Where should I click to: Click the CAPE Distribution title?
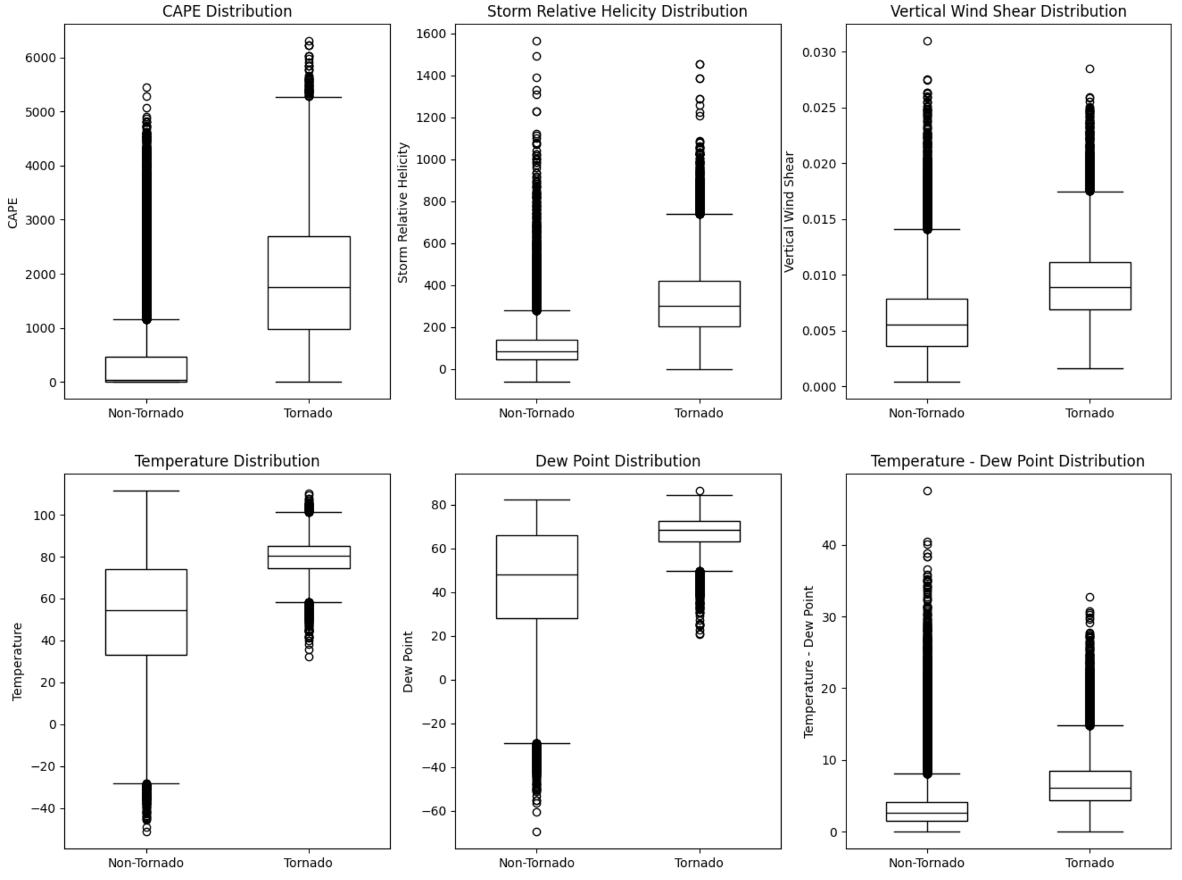pos(227,11)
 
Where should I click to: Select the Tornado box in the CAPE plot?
pos(309,283)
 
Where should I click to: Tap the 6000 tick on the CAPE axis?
pos(41,58)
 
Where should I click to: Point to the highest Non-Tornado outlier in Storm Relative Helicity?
pos(537,41)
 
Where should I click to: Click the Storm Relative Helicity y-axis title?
pos(403,212)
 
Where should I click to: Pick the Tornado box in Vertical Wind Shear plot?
pos(1090,286)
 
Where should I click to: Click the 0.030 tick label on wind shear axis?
pos(819,52)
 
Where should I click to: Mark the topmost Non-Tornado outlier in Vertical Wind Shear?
pos(927,41)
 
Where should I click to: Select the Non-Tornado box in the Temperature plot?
pos(146,612)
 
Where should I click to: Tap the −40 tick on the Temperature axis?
pos(43,809)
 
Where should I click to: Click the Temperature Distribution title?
pos(227,461)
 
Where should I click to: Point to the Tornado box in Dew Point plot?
pos(699,531)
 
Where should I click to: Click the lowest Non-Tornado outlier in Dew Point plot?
pos(537,832)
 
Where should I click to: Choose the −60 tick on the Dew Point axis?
pos(434,812)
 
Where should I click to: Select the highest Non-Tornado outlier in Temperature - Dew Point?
pos(927,491)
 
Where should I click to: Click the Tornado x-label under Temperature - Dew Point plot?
pos(1089,863)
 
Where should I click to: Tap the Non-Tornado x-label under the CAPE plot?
pos(146,413)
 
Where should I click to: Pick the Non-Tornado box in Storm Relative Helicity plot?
pos(537,350)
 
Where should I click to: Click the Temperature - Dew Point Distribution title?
pos(1008,461)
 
